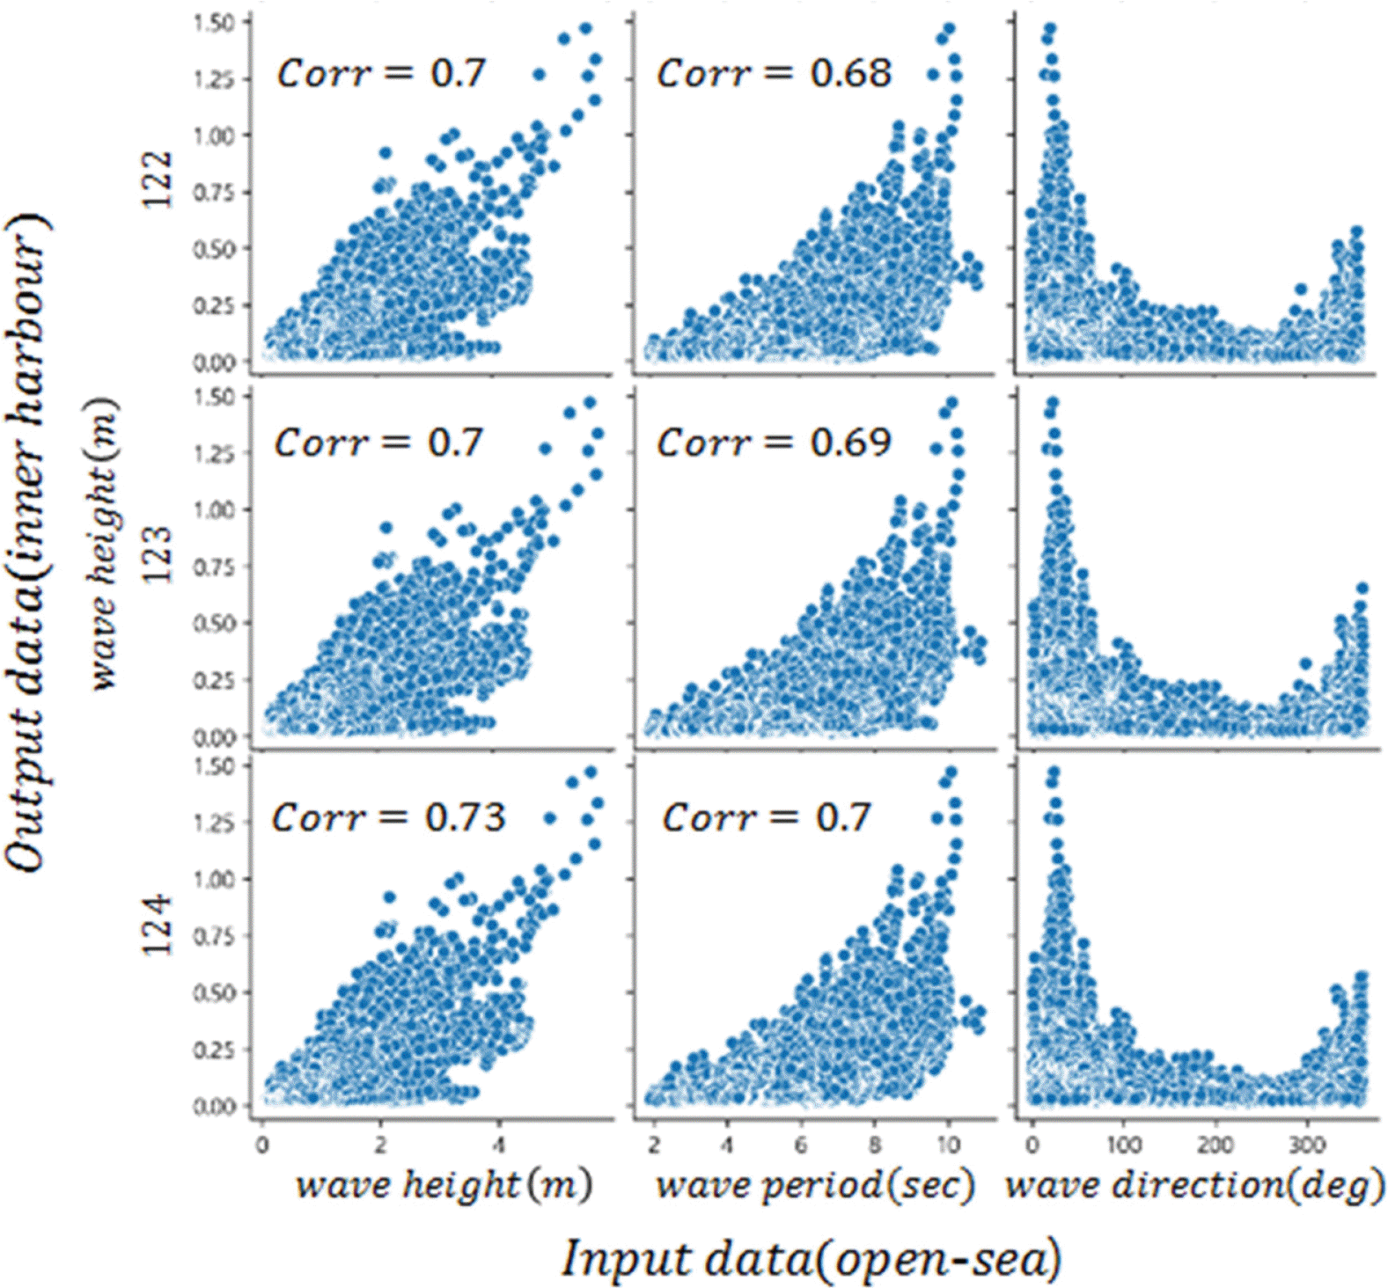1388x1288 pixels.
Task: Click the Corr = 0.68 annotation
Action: click(x=774, y=73)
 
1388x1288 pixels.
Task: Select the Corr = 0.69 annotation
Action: click(x=774, y=443)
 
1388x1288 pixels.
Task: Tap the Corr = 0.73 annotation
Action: click(x=388, y=818)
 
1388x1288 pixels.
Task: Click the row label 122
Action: click(x=158, y=179)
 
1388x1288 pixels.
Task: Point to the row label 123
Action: click(x=158, y=555)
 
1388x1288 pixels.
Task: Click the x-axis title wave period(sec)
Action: click(x=815, y=1186)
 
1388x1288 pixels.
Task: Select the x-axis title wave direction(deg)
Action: click(x=1194, y=1186)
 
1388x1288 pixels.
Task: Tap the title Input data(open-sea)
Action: click(x=811, y=1258)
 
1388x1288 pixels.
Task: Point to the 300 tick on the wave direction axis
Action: click(x=1306, y=1145)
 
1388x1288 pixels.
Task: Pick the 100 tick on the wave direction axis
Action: click(x=1124, y=1145)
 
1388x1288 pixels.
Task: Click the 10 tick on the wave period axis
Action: click(x=948, y=1145)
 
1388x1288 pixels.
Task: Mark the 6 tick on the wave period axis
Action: click(x=801, y=1145)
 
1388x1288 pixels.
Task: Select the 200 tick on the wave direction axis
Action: click(x=1215, y=1145)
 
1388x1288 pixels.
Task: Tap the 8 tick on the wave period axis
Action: click(x=874, y=1145)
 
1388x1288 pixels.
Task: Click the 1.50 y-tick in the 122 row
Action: click(x=214, y=23)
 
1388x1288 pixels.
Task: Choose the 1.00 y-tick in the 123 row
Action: click(x=214, y=510)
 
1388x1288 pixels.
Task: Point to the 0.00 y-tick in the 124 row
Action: click(x=214, y=1106)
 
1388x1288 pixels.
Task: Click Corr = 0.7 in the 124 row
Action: click(x=767, y=818)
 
